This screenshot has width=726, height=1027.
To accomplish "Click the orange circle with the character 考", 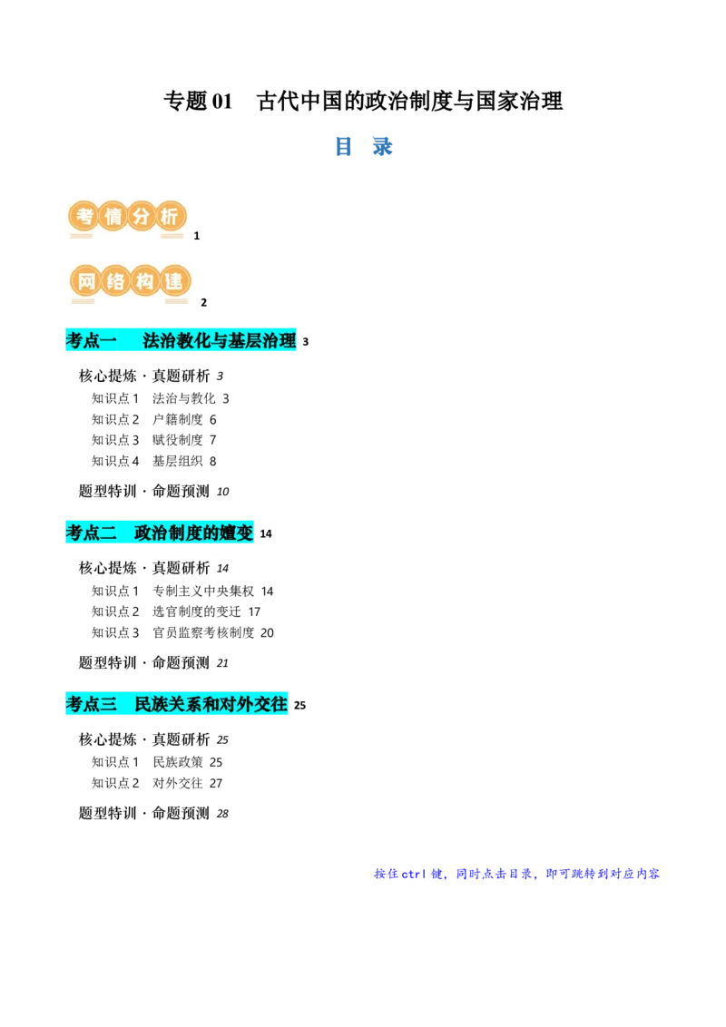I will coord(83,217).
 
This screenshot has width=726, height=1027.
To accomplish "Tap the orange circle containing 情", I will coord(113,217).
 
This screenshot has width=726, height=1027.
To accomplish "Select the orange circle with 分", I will coord(142,217).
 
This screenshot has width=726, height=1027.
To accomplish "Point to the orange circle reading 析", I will coord(172,217).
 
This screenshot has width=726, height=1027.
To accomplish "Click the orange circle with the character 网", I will coord(85,281).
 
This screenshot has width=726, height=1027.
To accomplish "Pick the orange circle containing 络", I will coord(116,281).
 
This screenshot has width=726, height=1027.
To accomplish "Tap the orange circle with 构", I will coord(146,281).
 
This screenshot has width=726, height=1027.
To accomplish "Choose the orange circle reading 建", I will coord(176,281).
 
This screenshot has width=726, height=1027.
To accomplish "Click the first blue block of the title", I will coord(344,145).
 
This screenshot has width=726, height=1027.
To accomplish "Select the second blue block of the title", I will coord(384,145).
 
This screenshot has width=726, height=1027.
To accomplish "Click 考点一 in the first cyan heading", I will coord(92,341).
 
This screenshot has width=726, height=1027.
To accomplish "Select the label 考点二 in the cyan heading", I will coord(92,532).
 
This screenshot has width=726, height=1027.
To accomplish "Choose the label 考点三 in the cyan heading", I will coord(92,704).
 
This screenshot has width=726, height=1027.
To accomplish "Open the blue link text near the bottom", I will coord(515,875).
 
